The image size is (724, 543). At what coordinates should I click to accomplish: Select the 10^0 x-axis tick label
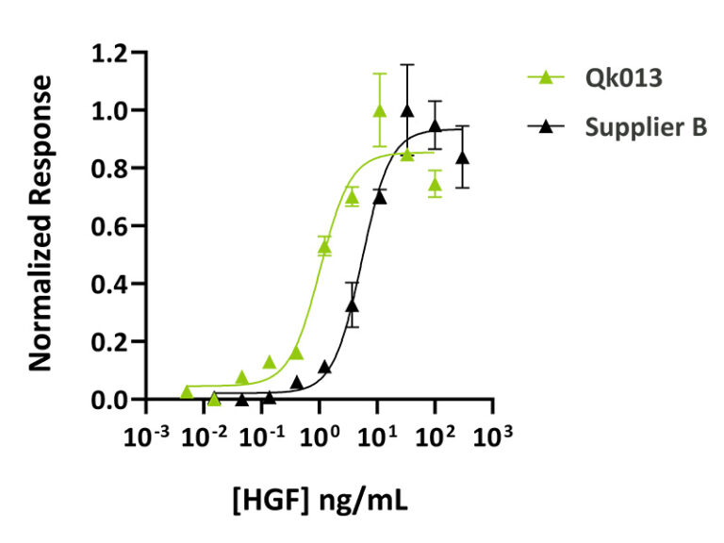321,436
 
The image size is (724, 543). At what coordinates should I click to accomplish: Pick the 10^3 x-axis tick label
494,436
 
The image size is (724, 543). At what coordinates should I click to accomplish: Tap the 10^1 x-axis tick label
378,436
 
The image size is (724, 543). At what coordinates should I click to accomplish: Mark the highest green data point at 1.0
380,110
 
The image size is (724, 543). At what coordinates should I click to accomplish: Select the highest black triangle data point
407,110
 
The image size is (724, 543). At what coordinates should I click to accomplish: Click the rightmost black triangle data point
462,157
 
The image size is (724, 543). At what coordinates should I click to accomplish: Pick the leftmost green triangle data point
187,390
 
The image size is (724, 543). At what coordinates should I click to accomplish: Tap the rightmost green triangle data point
435,185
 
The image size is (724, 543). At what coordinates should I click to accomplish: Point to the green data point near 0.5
324,247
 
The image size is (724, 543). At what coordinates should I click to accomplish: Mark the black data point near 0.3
353,305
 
